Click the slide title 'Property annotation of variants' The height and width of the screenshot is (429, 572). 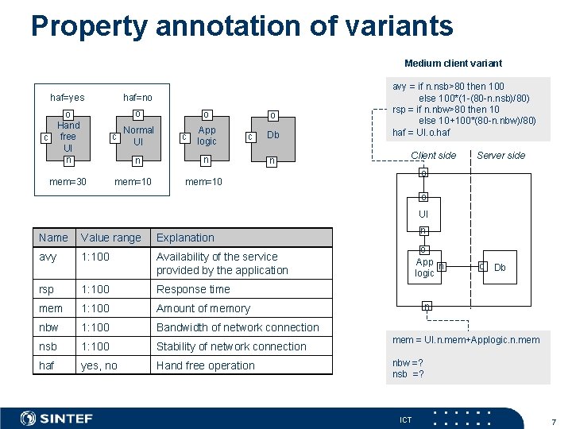pos(242,25)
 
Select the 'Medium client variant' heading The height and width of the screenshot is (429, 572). pos(453,63)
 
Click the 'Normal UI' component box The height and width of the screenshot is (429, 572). pos(138,136)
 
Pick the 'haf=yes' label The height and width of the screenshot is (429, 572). pos(68,98)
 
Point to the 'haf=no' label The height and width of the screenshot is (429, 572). pos(137,98)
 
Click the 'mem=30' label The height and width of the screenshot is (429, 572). pos(68,182)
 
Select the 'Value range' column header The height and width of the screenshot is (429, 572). pos(110,238)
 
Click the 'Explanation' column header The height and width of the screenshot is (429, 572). pos(185,238)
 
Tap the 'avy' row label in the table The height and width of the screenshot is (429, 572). pos(47,257)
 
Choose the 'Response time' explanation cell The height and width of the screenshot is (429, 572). pos(193,289)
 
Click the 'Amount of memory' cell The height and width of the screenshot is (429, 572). pos(203,308)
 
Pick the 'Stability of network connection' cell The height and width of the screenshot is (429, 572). pos(231,346)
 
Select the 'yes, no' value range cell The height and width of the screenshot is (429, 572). pos(99,365)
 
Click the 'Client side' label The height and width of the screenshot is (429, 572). pos(433,156)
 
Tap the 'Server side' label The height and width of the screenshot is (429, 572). pos(500,156)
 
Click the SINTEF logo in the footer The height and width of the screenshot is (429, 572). pos(56,418)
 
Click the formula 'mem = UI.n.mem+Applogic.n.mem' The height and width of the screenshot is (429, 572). pos(466,340)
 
